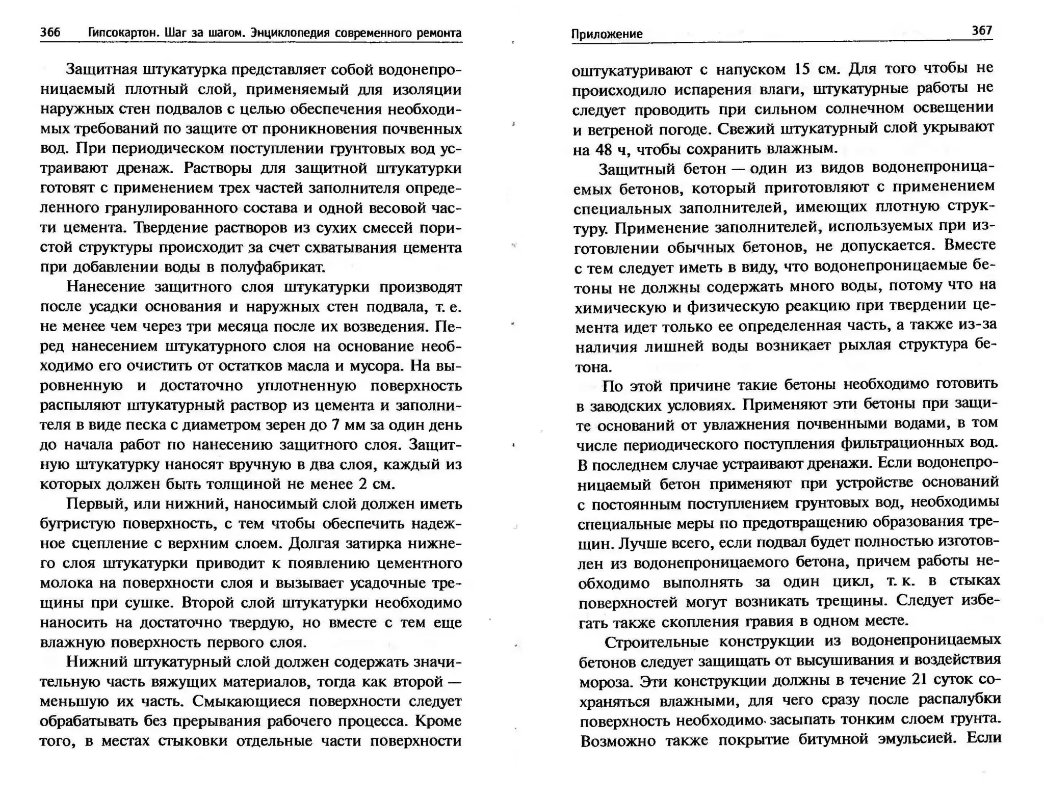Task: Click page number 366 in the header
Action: [50, 33]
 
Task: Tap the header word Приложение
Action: [606, 34]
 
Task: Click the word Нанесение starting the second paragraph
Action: [106, 287]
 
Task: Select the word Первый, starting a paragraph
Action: [97, 504]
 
